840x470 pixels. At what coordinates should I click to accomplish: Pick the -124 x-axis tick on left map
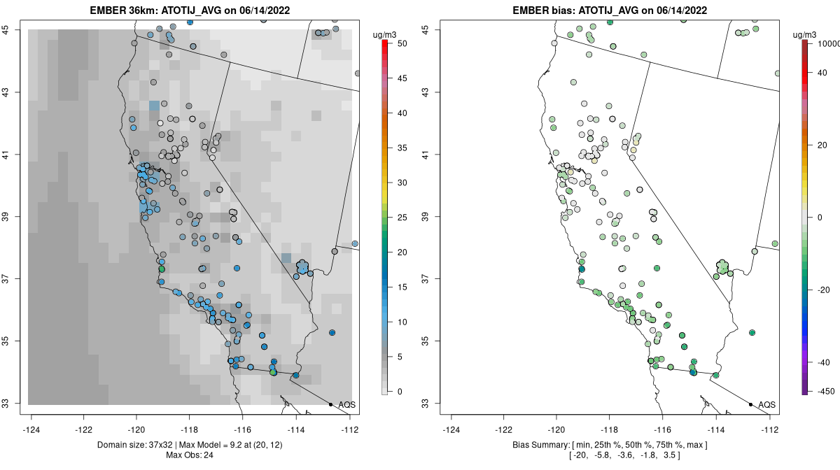[x=32, y=429]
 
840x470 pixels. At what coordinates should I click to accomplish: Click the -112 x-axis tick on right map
[x=769, y=429]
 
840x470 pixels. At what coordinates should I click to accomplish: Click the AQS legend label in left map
[x=347, y=404]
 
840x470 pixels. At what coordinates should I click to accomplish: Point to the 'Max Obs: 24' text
[x=190, y=455]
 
